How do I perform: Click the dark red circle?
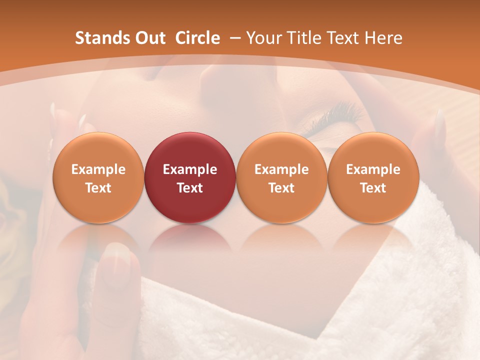pyautogui.click(x=190, y=178)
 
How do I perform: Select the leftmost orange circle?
pyautogui.click(x=98, y=178)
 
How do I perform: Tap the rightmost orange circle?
pyautogui.click(x=373, y=178)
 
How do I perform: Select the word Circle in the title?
pyautogui.click(x=197, y=38)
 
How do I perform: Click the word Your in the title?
pyautogui.click(x=263, y=38)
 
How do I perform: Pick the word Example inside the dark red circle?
pyautogui.click(x=190, y=169)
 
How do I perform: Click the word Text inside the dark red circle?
pyautogui.click(x=190, y=188)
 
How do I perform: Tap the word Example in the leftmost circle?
pyautogui.click(x=98, y=169)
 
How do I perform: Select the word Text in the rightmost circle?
pyautogui.click(x=373, y=188)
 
